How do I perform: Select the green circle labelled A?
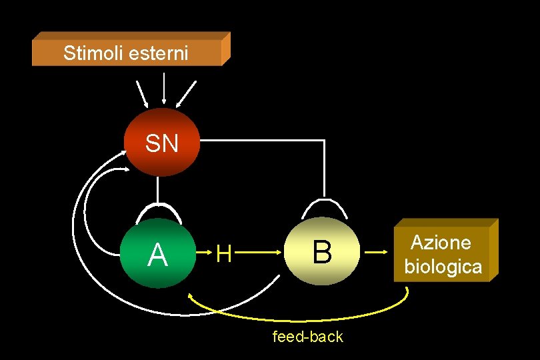158,253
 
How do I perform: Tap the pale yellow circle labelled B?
322,252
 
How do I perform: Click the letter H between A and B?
224,253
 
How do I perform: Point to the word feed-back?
308,337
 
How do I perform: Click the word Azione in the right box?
440,243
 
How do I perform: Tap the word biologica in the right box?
443,267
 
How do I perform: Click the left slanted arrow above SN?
142,94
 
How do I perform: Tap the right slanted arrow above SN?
186,93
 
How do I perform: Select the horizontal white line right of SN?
260,140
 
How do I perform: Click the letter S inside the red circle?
153,143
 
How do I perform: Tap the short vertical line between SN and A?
157,190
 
